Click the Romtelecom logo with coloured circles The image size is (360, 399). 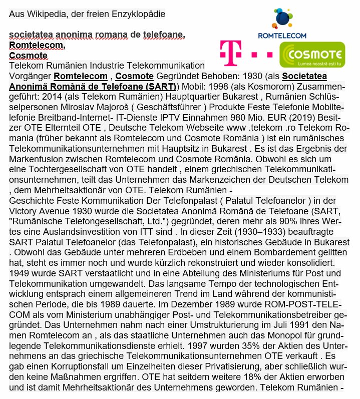[281, 23]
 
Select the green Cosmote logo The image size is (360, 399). [312, 54]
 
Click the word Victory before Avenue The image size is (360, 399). [24, 211]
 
